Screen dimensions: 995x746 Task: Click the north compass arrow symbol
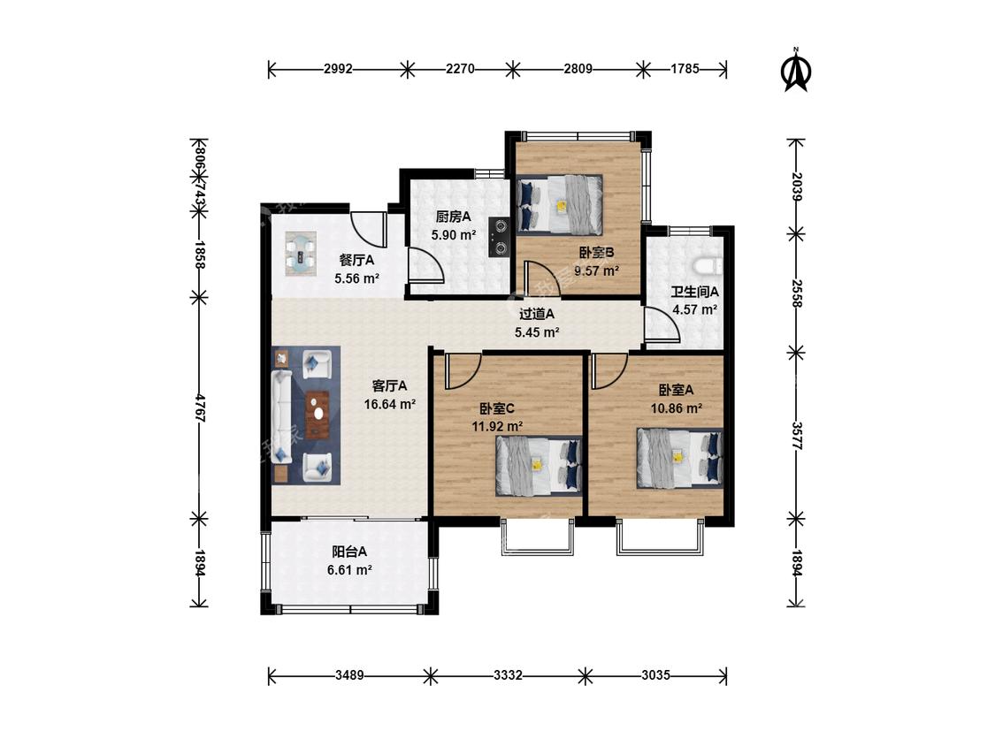(x=795, y=69)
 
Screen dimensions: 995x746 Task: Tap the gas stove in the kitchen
(x=500, y=237)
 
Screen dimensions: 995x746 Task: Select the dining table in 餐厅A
(x=300, y=253)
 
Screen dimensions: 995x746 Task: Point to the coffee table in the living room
(x=318, y=415)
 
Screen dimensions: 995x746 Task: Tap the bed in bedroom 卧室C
(x=538, y=466)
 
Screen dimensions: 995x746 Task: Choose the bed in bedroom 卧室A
(x=679, y=458)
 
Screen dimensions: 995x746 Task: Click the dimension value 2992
(x=338, y=69)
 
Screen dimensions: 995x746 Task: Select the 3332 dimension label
(x=508, y=675)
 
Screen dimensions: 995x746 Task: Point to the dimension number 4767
(x=200, y=407)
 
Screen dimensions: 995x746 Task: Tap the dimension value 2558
(x=797, y=293)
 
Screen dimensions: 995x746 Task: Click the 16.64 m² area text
(x=390, y=403)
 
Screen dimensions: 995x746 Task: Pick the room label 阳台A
(x=349, y=552)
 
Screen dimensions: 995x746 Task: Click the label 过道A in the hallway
(x=537, y=314)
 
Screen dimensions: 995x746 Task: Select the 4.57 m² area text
(x=695, y=309)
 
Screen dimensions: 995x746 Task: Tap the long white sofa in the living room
(x=281, y=416)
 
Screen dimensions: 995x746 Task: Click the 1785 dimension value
(x=685, y=69)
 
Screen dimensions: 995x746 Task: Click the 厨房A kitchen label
(x=453, y=217)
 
